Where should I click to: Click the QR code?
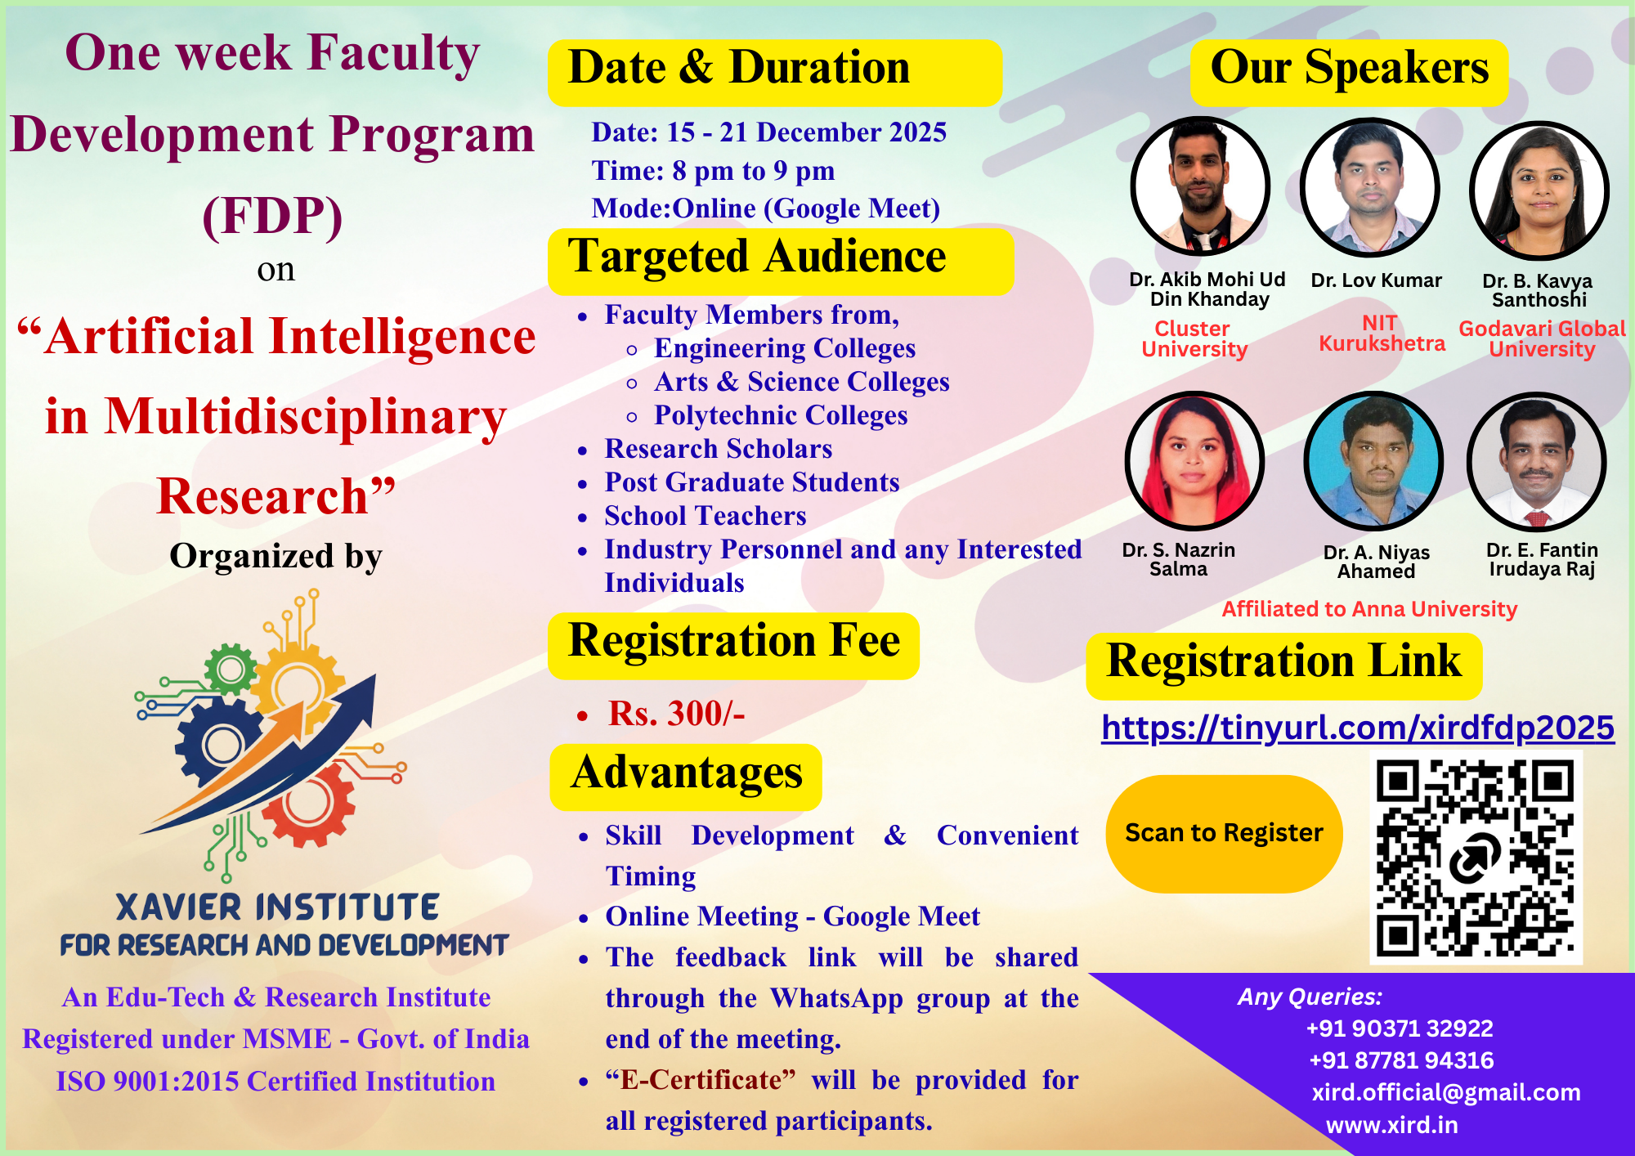point(1476,858)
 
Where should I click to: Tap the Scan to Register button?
point(1224,833)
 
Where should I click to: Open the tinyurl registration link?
point(1358,728)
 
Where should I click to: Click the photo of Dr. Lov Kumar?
point(1370,188)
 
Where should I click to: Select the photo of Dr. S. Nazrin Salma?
point(1194,461)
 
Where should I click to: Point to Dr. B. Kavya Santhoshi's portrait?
point(1539,190)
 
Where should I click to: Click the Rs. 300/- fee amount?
point(676,714)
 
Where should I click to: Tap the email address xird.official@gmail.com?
point(1445,1092)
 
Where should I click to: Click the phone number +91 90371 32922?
point(1400,1028)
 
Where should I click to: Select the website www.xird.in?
point(1391,1125)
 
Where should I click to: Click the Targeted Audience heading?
point(756,258)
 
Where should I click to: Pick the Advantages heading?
point(687,773)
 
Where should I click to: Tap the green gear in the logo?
point(230,670)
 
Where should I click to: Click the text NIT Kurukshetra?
point(1381,334)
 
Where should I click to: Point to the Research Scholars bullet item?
point(718,449)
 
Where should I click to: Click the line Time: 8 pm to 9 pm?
point(713,171)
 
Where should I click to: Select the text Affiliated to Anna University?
point(1369,609)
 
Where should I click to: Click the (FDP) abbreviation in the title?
point(272,217)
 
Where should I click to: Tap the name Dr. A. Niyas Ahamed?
point(1376,562)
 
